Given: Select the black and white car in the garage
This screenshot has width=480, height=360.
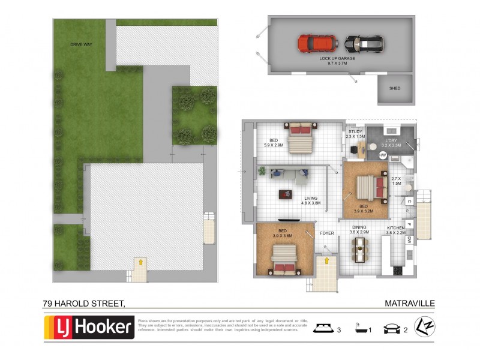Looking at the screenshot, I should [364, 43].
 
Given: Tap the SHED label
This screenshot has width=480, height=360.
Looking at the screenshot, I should [394, 88].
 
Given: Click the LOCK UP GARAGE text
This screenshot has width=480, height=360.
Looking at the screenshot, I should [338, 58].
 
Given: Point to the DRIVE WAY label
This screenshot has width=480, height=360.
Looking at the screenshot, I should [80, 44].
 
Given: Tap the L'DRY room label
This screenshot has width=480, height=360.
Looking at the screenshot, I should [391, 141].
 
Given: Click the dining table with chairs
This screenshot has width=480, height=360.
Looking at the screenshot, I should [360, 249].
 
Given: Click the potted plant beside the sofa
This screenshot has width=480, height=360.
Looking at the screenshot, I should [262, 172].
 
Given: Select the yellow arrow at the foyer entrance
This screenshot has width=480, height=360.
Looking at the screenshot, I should [326, 260].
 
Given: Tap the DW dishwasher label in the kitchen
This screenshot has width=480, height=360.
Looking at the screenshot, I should [409, 239].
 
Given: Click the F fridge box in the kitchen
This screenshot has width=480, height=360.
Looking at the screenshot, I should [409, 224].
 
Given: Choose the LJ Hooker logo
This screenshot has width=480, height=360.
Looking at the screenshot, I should [89, 328].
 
